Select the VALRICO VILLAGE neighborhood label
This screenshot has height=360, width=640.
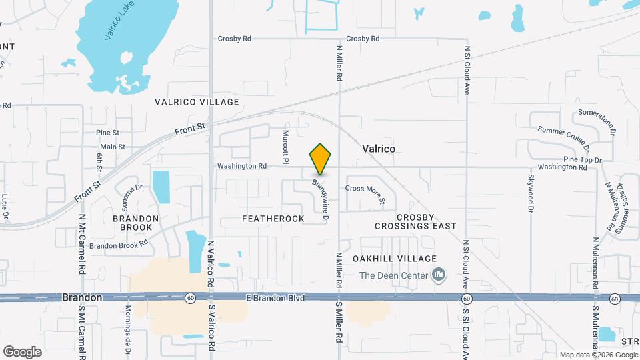(x=197, y=102)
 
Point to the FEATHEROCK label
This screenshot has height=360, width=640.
(x=273, y=219)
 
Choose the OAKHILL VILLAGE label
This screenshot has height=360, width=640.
(x=396, y=259)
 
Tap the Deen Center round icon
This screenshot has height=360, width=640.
(x=439, y=274)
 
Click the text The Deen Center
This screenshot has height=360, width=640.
(x=393, y=275)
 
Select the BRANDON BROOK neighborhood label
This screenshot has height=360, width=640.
(x=135, y=223)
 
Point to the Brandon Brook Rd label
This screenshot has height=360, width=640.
(x=119, y=245)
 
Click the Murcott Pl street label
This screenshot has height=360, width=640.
(x=285, y=147)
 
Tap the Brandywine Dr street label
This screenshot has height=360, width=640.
(x=322, y=199)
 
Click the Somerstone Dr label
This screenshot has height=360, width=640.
(x=597, y=121)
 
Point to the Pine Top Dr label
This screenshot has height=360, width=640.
(x=583, y=160)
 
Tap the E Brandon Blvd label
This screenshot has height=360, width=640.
(x=275, y=298)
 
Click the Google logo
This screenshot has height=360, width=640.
(x=22, y=352)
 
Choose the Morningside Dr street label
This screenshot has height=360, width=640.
(x=127, y=326)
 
